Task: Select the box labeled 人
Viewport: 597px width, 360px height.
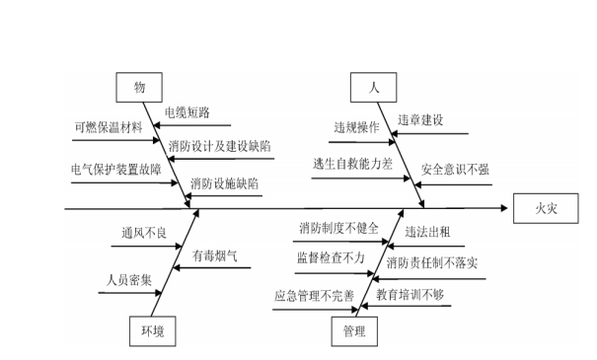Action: (x=374, y=87)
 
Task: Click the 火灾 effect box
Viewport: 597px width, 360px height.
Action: (x=546, y=208)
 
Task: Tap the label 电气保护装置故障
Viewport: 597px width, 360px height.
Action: (x=115, y=167)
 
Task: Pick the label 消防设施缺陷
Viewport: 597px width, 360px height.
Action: (x=225, y=183)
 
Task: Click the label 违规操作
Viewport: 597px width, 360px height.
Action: (x=355, y=127)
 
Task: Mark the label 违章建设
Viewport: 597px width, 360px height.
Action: (x=420, y=119)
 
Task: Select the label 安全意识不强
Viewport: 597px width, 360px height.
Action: (x=454, y=169)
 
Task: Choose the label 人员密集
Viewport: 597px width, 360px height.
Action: (x=130, y=279)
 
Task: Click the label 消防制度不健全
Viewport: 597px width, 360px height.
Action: (x=338, y=228)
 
